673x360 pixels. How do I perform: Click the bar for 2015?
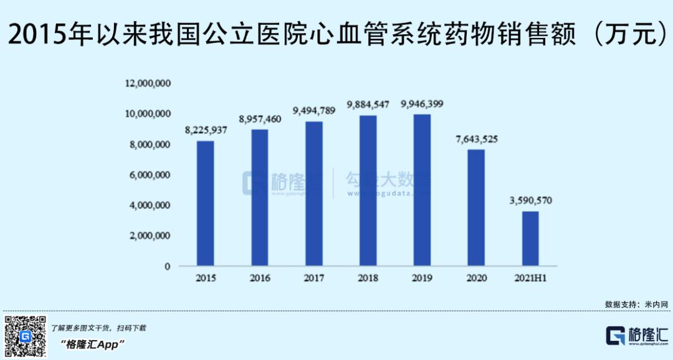[x=205, y=203]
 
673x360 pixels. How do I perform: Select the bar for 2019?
[x=422, y=190]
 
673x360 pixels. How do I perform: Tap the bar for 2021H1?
[x=530, y=239]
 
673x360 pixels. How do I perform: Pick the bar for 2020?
[x=476, y=207]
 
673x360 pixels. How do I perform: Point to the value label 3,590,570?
[x=530, y=201]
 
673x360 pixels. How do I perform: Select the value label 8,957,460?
[x=259, y=118]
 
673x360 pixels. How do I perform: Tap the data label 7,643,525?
[x=476, y=139]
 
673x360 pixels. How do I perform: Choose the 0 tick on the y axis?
[x=167, y=267]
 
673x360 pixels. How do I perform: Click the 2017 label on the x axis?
[x=313, y=278]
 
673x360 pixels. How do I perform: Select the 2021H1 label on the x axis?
[x=530, y=278]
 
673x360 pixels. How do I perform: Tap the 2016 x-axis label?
[x=259, y=278]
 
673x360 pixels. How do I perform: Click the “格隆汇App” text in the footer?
[x=93, y=344]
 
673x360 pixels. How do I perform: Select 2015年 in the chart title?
[x=47, y=34]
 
